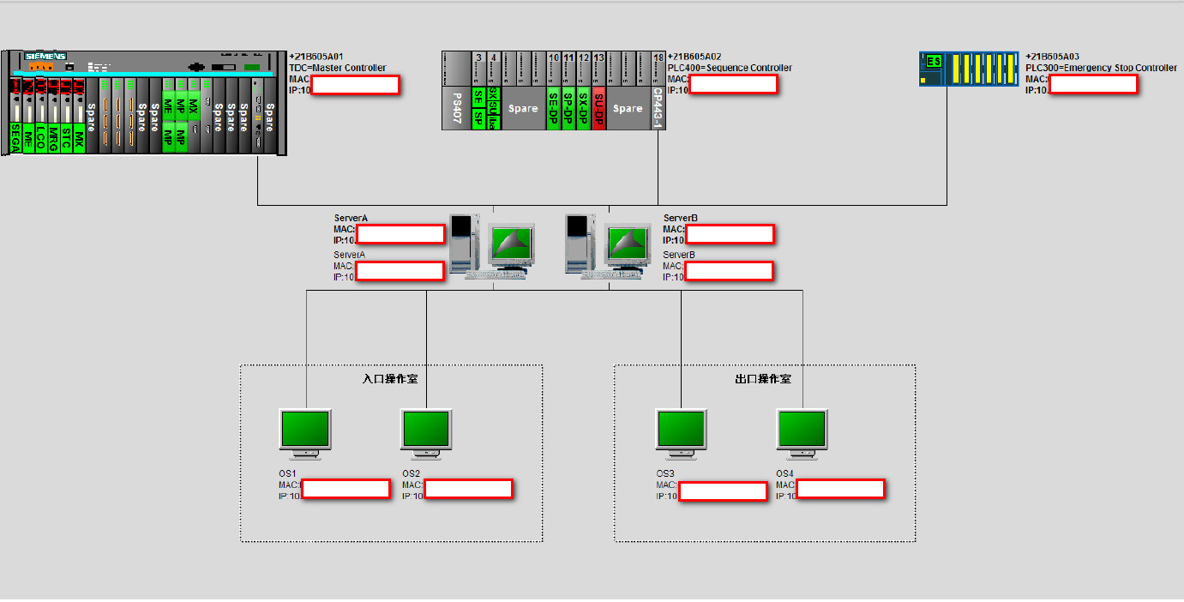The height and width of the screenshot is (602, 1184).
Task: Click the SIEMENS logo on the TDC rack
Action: pyautogui.click(x=45, y=56)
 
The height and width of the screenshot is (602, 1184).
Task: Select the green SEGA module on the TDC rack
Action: pyautogui.click(x=15, y=139)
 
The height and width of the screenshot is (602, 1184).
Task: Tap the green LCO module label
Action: pyautogui.click(x=40, y=139)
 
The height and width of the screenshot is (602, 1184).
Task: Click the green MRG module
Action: pyautogui.click(x=53, y=139)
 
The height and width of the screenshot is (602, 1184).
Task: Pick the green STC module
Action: pyautogui.click(x=66, y=139)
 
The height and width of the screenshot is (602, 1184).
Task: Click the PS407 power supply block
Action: pyautogui.click(x=456, y=108)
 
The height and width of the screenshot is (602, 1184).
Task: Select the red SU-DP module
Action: pyautogui.click(x=599, y=108)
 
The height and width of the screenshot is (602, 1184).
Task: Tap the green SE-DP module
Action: pyautogui.click(x=553, y=108)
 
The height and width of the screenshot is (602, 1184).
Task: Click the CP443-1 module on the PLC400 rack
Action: pyautogui.click(x=658, y=108)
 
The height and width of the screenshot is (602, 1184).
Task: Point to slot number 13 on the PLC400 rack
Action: pyautogui.click(x=599, y=57)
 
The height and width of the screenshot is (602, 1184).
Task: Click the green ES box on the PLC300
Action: pyautogui.click(x=933, y=61)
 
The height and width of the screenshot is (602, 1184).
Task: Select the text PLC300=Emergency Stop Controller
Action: pyautogui.click(x=1101, y=68)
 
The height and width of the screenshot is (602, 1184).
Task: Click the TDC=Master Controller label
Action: pyautogui.click(x=338, y=68)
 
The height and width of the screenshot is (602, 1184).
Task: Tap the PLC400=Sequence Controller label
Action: pyautogui.click(x=730, y=68)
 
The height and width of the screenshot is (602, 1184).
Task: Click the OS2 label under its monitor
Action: pyautogui.click(x=412, y=473)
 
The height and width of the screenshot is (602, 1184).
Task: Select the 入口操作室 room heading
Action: pyautogui.click(x=390, y=379)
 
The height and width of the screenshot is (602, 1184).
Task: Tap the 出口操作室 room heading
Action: pyautogui.click(x=763, y=379)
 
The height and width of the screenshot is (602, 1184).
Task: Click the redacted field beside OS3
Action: pyautogui.click(x=723, y=491)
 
